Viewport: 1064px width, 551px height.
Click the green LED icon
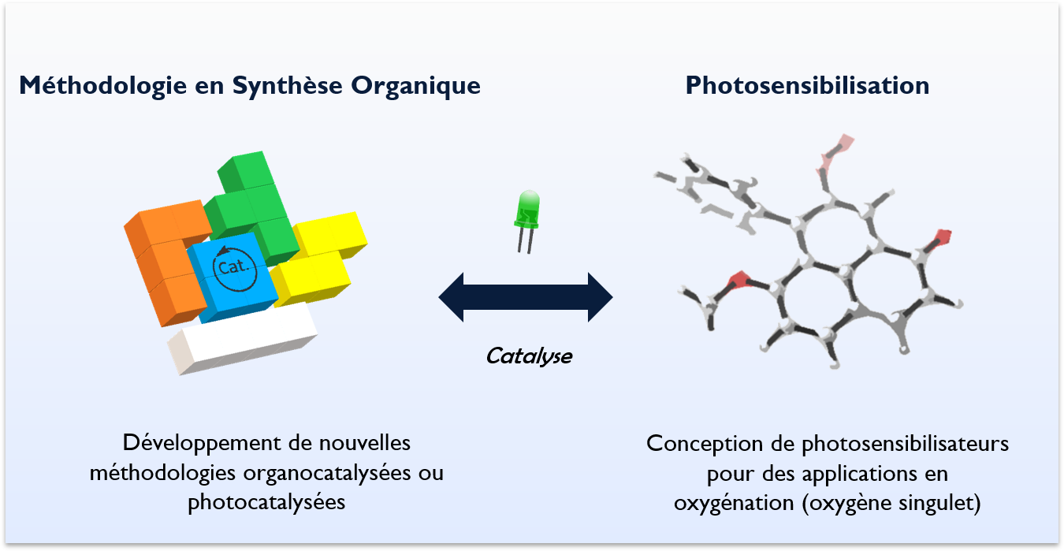527,210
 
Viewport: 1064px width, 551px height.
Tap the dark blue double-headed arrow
526,297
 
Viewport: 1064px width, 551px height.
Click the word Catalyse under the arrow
529,356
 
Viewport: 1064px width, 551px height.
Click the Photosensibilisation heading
807,85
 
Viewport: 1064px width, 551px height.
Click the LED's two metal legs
525,241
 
